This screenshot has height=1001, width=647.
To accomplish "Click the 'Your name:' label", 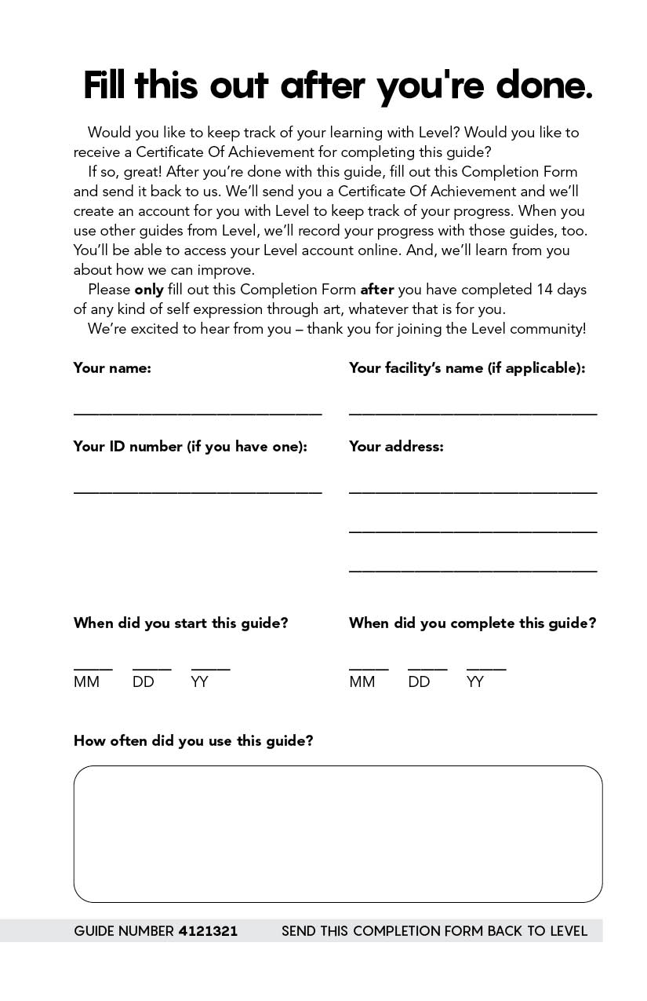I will pyautogui.click(x=112, y=368).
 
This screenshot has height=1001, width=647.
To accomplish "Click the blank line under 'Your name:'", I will pyautogui.click(x=198, y=412).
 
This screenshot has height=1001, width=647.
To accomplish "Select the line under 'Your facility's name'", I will pyautogui.click(x=473, y=412).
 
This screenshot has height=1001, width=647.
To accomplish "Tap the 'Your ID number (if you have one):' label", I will pyautogui.click(x=190, y=447).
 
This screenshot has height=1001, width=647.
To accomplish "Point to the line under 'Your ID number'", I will pyautogui.click(x=198, y=491).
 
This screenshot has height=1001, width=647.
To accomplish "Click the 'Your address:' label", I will pyautogui.click(x=396, y=447).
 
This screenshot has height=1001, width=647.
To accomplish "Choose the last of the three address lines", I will pyautogui.click(x=473, y=570).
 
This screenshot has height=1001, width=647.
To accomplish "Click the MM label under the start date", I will pyautogui.click(x=86, y=682).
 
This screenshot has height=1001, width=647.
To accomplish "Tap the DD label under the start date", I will pyautogui.click(x=144, y=682).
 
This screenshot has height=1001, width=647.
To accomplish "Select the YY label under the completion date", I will pyautogui.click(x=475, y=682).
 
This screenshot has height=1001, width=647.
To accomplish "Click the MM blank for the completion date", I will pyautogui.click(x=369, y=668).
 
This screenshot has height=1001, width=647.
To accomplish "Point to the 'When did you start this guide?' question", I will pyautogui.click(x=180, y=623).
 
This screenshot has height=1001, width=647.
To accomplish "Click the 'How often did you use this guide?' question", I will pyautogui.click(x=193, y=741).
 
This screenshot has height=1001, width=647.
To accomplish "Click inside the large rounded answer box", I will pyautogui.click(x=338, y=834).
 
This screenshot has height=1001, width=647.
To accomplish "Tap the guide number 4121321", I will pyautogui.click(x=208, y=931).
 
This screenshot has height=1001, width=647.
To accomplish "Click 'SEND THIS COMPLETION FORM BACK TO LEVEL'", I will pyautogui.click(x=434, y=931).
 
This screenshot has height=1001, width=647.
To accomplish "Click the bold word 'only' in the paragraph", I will pyautogui.click(x=149, y=290).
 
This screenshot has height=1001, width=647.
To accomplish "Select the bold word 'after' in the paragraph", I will pyautogui.click(x=377, y=290).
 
